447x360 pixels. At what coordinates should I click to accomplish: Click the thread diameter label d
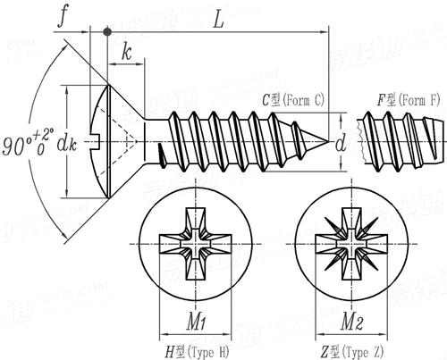click(341, 142)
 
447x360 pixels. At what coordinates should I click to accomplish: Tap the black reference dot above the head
click(108, 31)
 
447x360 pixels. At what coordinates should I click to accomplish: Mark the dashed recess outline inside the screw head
click(127, 140)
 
